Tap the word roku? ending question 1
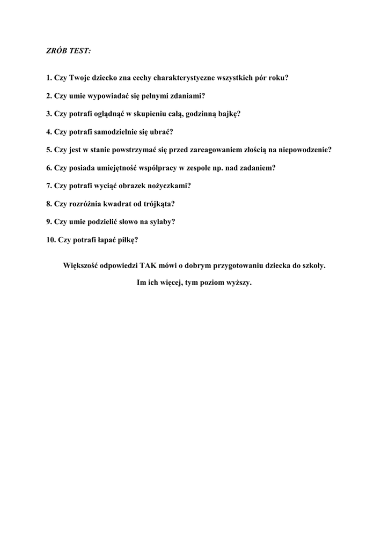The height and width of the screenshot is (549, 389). [277, 77]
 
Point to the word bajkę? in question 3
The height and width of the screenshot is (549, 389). [227, 114]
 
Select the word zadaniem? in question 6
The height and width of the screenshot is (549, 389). [257, 168]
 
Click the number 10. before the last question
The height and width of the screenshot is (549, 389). [51, 240]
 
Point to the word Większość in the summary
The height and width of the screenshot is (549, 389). [81, 265]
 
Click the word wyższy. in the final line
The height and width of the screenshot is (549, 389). [239, 283]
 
